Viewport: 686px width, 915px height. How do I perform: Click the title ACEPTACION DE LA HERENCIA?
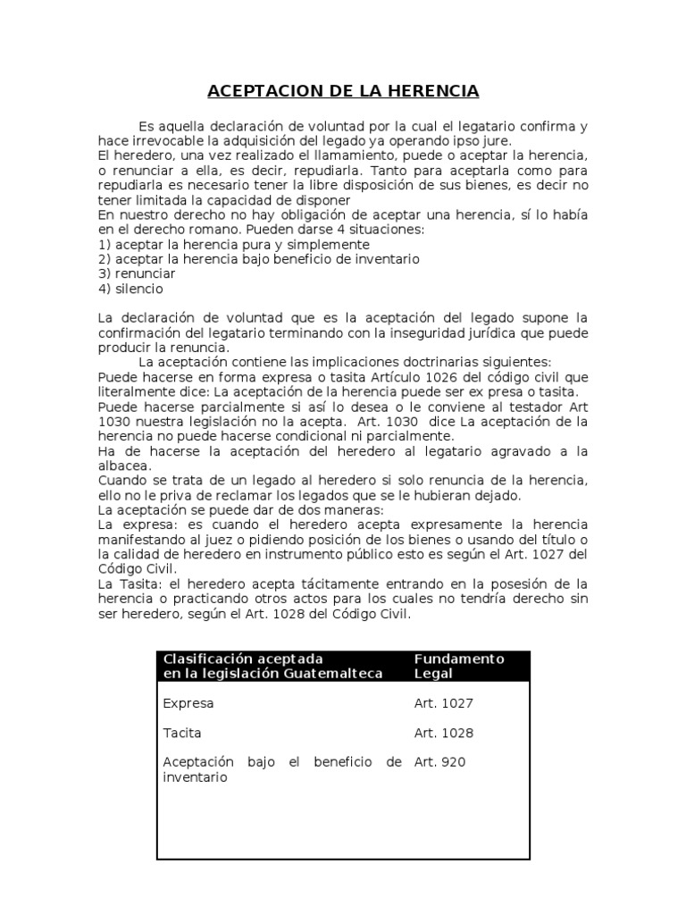click(343, 91)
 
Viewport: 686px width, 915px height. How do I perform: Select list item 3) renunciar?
click(137, 273)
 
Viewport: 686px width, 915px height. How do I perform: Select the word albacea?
click(124, 466)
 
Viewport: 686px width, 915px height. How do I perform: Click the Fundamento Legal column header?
click(459, 666)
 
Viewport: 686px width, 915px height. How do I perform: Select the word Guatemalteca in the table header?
click(331, 673)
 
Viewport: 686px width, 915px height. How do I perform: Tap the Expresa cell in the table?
click(188, 703)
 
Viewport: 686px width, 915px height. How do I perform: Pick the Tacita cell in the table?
click(182, 733)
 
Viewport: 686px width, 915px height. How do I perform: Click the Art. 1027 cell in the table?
click(443, 703)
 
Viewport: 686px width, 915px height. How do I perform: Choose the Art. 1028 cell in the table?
click(443, 733)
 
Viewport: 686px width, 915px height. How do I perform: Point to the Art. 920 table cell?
click(439, 762)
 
